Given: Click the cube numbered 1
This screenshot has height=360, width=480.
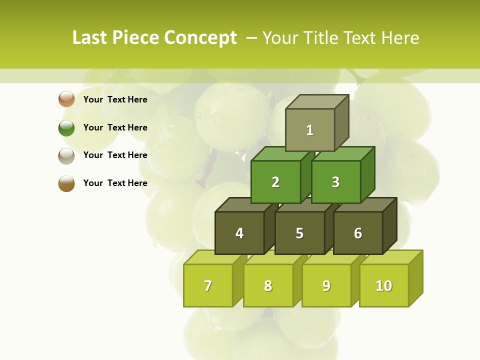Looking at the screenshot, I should [309, 130].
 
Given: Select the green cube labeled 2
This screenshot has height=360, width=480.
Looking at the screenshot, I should [275, 182].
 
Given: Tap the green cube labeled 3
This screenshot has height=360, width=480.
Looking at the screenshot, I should [335, 182].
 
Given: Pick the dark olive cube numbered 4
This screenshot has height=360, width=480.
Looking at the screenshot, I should [239, 233].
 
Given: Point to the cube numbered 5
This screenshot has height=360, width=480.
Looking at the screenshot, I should [299, 233].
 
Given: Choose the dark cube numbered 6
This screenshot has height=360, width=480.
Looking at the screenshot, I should [358, 233].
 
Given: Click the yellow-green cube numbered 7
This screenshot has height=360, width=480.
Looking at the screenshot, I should [208, 285].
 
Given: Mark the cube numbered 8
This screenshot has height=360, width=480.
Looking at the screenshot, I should [268, 285].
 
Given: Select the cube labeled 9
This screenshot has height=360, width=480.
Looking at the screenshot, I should [326, 285].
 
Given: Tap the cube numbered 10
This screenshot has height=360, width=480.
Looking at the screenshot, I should [383, 285].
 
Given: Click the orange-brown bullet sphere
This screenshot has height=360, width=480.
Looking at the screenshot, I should [66, 99].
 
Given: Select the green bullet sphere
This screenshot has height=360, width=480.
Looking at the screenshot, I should [66, 127].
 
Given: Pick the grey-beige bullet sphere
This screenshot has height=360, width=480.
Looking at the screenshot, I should [66, 155].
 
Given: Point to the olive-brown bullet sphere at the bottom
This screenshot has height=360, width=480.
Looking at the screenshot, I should [66, 183].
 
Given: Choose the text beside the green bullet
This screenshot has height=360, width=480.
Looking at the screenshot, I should [115, 127].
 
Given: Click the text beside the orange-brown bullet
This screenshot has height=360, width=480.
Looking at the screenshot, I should [115, 99].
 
